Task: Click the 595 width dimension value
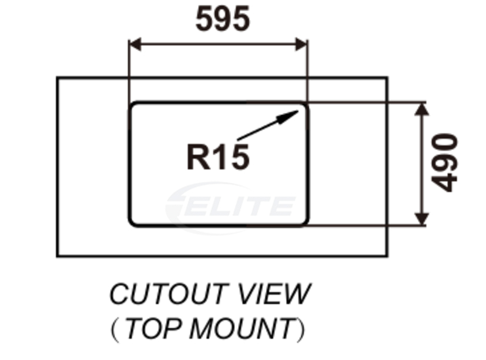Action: click(x=223, y=20)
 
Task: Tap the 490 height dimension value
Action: click(x=445, y=163)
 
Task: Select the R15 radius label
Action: click(x=218, y=157)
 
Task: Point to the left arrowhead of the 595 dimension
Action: click(x=135, y=44)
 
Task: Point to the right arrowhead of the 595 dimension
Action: click(x=301, y=44)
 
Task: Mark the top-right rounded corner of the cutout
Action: click(x=304, y=106)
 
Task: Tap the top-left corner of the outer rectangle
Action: click(x=58, y=78)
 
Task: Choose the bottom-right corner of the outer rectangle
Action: click(x=387, y=256)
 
